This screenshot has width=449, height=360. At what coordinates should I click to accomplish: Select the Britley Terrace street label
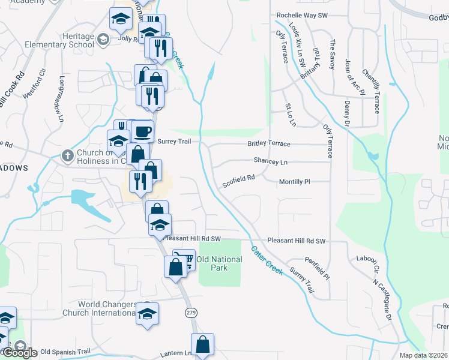tap(269, 144)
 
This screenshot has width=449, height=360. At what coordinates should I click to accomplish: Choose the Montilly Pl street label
tap(294, 181)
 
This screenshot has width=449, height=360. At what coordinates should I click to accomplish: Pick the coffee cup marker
tap(142, 131)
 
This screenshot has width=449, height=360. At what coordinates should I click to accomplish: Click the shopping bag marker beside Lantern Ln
tap(203, 345)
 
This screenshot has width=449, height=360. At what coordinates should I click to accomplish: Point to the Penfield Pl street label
tap(318, 268)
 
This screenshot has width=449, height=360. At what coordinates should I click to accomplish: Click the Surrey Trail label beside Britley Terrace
tap(177, 142)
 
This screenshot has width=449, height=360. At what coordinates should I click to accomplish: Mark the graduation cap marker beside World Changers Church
tap(147, 313)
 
